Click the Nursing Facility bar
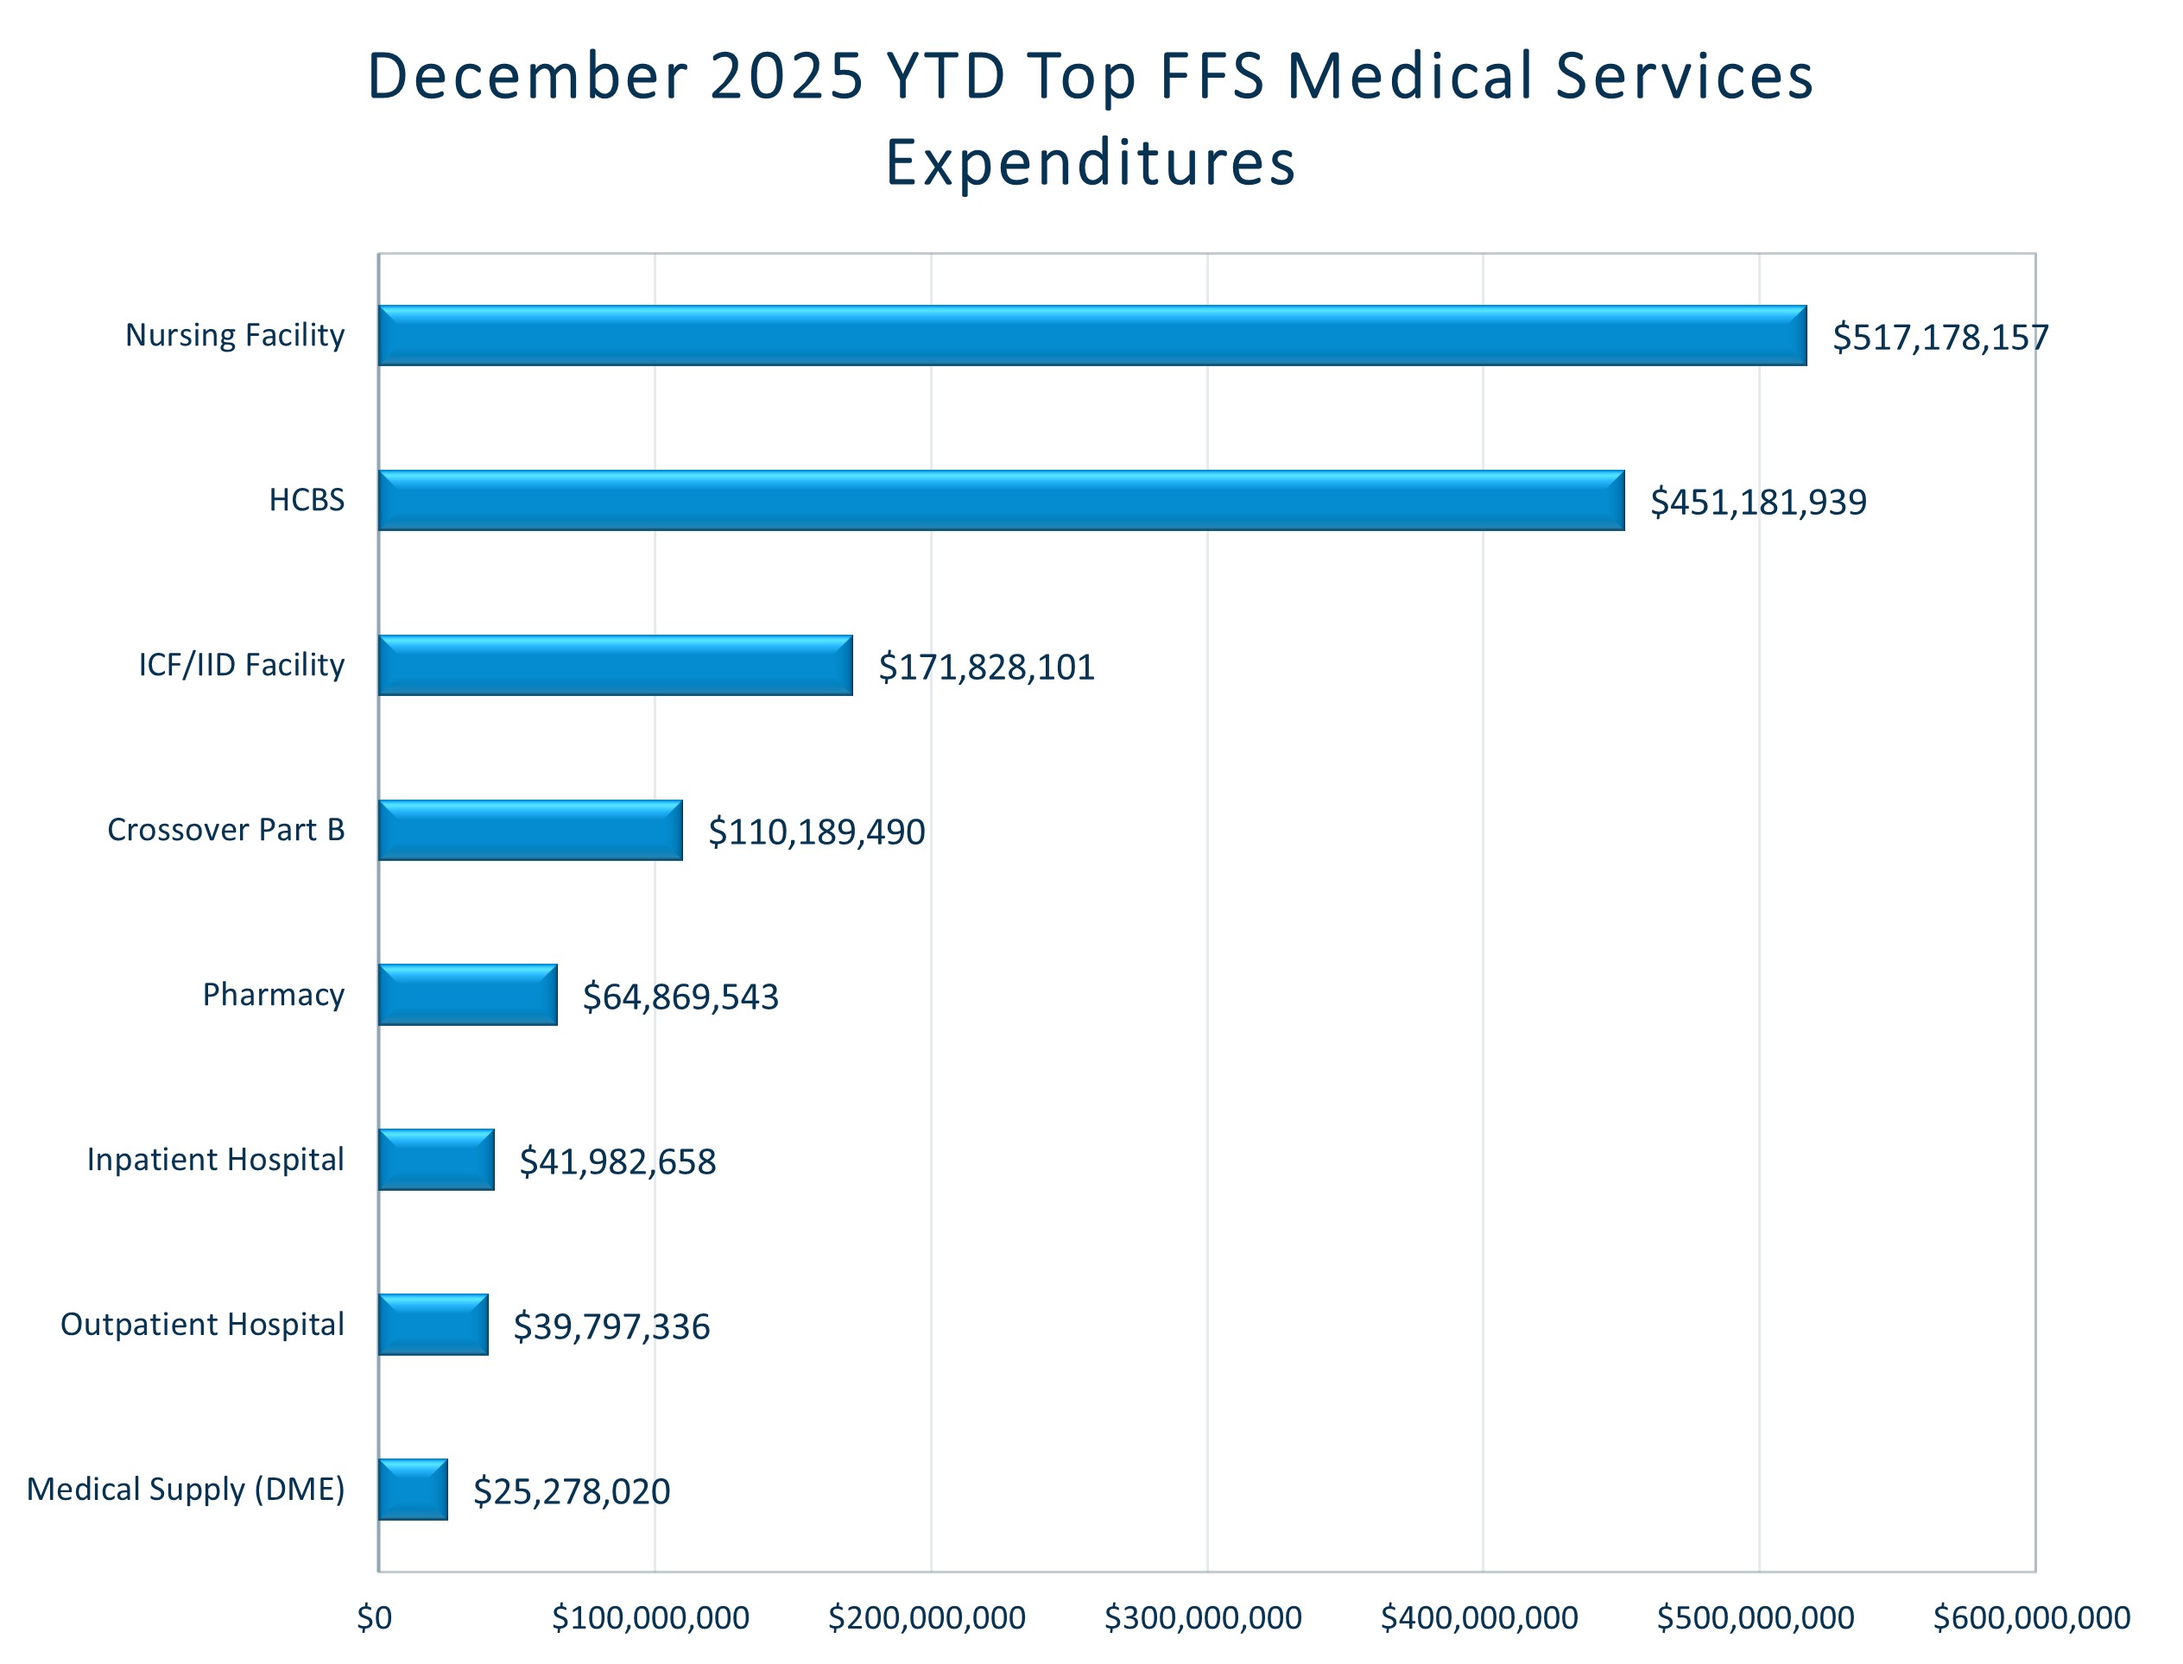point(1091,336)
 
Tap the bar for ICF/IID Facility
point(615,666)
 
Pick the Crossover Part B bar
point(530,830)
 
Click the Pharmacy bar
point(467,995)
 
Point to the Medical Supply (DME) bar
point(413,1489)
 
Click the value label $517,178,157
point(1939,338)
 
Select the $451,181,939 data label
point(1758,503)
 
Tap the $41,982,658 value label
point(617,1161)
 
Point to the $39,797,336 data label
point(611,1326)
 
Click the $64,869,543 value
point(680,997)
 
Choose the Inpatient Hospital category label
point(215,1159)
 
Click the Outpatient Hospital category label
point(202,1325)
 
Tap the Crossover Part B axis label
point(226,829)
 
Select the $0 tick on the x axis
point(375,1617)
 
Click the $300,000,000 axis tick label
point(1202,1617)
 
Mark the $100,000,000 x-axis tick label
point(649,1617)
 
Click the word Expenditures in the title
point(1091,162)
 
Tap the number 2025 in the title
point(788,76)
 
